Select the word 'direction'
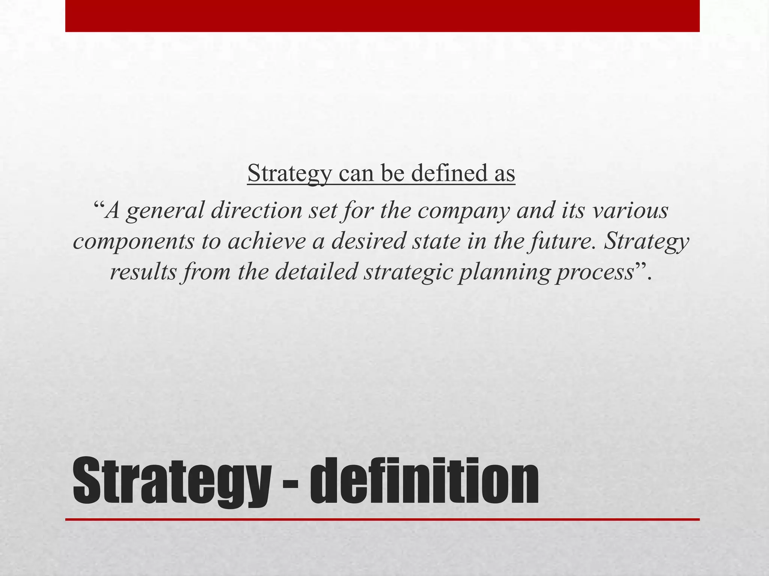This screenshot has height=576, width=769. coord(256,210)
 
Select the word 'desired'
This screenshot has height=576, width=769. coord(368,241)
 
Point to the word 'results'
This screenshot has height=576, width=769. coord(143,271)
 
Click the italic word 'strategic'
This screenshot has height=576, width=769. coord(407,272)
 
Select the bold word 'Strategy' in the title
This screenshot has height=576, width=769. coord(171,482)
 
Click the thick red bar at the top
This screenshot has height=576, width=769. coord(382,16)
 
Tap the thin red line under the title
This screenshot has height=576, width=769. coord(382,519)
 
